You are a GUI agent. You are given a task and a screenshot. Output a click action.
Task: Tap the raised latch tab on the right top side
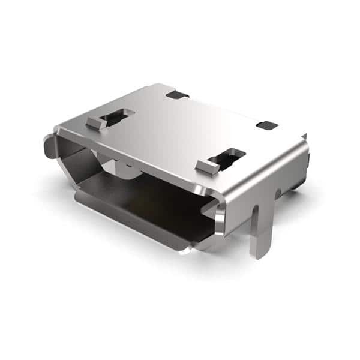click(208, 166)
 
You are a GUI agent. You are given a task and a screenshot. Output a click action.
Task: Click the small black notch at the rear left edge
click(177, 94)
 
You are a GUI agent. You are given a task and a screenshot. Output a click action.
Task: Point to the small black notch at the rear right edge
click(267, 125)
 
